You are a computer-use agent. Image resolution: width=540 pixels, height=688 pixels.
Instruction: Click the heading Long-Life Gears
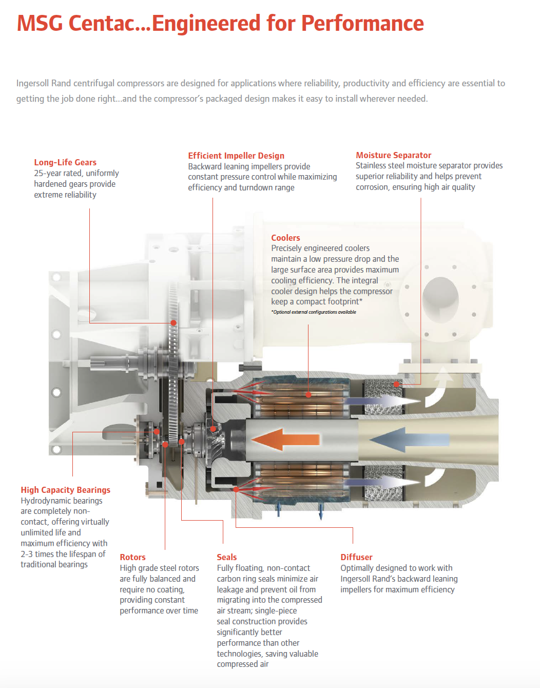(x=65, y=162)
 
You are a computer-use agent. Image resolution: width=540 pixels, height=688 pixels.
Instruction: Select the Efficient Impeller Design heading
(x=236, y=156)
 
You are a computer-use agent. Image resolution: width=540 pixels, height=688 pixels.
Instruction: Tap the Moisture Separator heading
(x=394, y=155)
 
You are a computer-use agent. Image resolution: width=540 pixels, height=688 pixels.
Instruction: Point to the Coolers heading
(x=285, y=238)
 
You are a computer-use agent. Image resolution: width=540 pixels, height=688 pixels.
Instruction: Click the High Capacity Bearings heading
(x=66, y=490)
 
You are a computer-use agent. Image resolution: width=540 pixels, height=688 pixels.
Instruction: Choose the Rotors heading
(x=132, y=557)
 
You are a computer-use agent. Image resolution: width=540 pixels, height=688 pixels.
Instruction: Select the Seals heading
(x=227, y=557)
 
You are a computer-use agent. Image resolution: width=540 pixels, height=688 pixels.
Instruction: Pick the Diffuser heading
(x=356, y=557)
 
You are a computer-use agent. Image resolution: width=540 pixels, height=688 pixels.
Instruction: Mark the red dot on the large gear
(x=173, y=323)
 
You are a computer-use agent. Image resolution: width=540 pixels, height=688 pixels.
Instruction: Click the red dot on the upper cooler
(x=308, y=395)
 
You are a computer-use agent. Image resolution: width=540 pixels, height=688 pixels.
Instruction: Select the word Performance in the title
(x=362, y=23)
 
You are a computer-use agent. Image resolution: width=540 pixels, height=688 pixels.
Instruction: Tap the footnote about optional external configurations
(x=314, y=312)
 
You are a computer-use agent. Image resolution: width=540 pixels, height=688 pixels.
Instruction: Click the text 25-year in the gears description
(x=47, y=173)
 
